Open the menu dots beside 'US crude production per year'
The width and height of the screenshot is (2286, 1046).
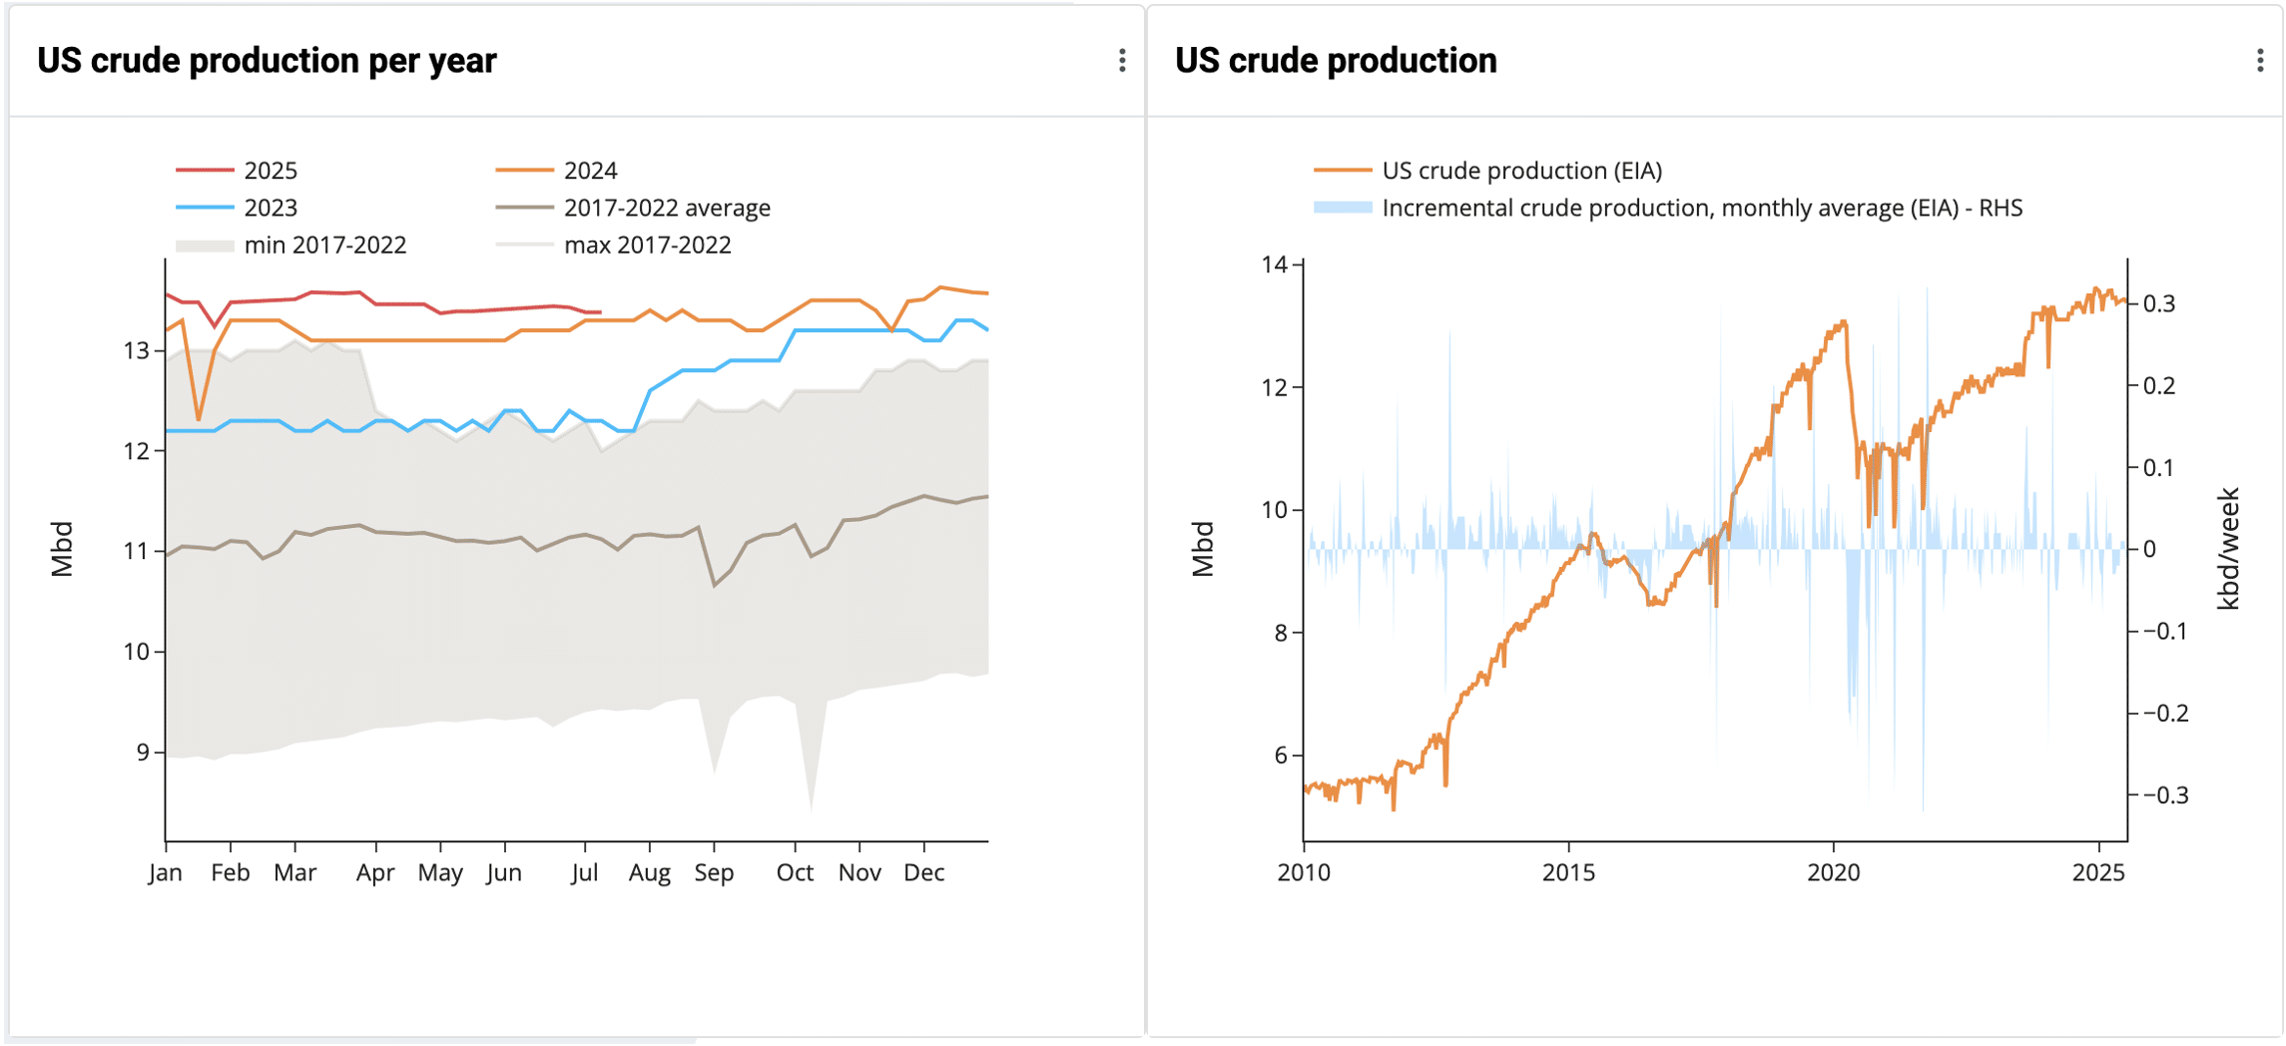tap(1122, 61)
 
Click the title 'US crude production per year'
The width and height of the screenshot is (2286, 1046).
tap(267, 61)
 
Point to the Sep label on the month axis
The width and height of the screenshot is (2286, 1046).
tap(714, 873)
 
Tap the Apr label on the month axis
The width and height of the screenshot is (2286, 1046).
tap(375, 873)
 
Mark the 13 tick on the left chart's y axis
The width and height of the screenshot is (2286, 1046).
tap(137, 350)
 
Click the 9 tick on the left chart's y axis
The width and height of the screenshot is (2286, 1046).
tap(143, 753)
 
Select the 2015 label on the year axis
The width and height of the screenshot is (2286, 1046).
tap(1568, 873)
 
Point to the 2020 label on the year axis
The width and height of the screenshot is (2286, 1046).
tap(1834, 873)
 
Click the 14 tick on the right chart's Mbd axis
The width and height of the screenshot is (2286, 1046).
tap(1275, 264)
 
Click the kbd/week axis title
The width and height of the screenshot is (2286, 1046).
tap(2228, 549)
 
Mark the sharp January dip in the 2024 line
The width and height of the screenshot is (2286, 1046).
tap(199, 419)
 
